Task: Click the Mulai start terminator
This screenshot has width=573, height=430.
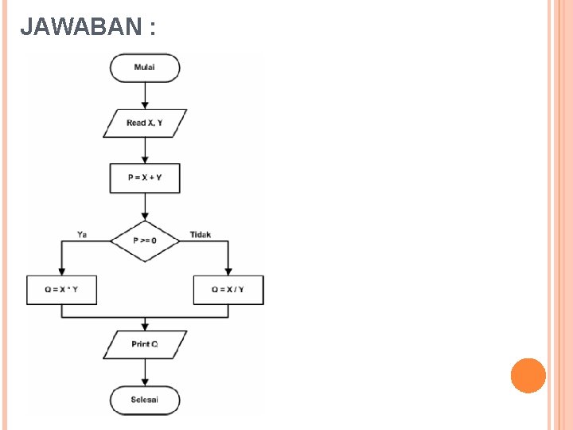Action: coord(145,68)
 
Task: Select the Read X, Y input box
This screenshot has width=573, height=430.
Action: coord(145,123)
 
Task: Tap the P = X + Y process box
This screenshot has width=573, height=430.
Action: coord(145,178)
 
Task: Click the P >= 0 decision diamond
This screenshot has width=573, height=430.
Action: coord(145,240)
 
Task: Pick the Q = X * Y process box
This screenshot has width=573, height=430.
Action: coord(62,290)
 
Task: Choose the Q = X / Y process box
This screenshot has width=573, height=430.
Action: coord(228,290)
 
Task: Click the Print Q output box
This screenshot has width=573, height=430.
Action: coord(145,344)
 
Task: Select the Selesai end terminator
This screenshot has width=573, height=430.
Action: coord(145,399)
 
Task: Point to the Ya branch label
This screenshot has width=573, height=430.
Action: coord(82,234)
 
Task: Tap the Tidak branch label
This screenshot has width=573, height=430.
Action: coord(201,234)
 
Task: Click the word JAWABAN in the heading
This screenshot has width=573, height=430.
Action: coord(80,28)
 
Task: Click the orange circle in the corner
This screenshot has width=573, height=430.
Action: coord(528,375)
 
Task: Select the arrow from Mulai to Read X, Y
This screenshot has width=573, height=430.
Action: coord(145,96)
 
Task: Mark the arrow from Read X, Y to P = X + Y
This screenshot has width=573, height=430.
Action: coord(145,150)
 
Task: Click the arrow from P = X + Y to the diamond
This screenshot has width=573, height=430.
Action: coord(145,207)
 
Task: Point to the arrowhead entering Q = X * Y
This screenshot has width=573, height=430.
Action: coord(62,272)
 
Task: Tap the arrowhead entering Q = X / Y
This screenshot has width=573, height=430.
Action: coord(228,272)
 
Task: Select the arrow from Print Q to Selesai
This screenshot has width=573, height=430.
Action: coord(145,372)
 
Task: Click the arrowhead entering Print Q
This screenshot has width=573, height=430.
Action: coord(145,326)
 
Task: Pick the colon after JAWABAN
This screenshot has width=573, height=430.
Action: coord(150,29)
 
